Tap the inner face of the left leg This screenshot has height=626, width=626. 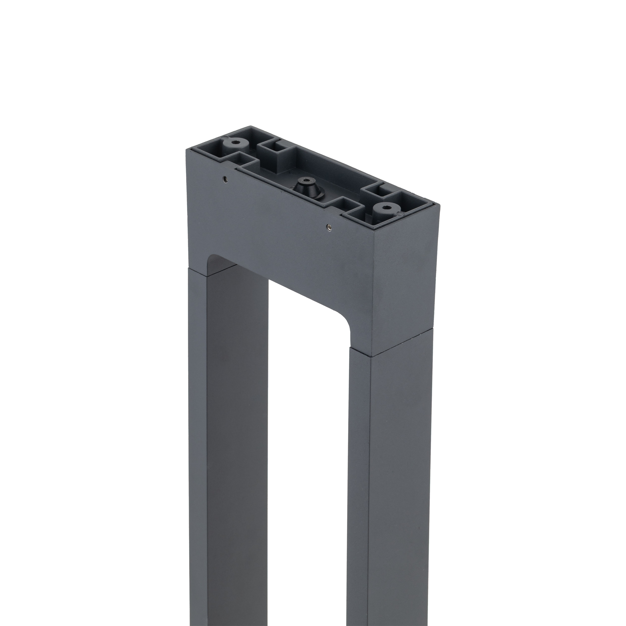tap(237, 421)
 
